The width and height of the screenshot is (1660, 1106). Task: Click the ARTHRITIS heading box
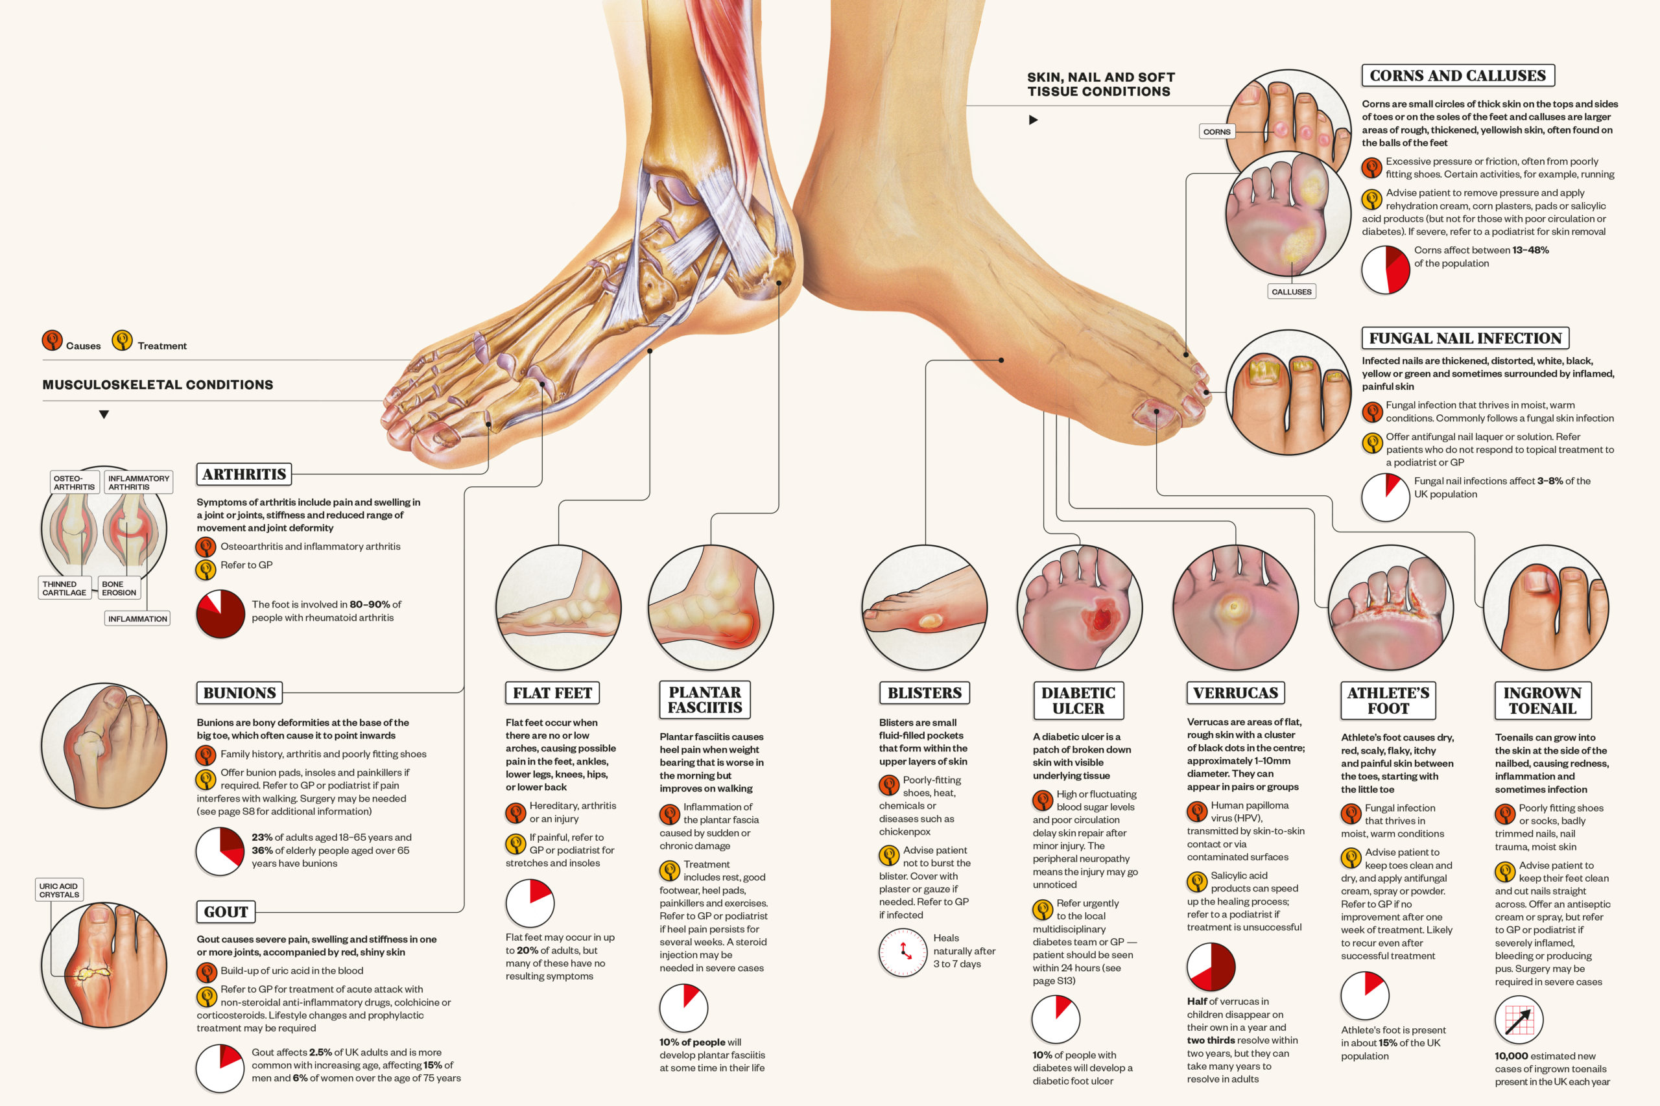(x=244, y=474)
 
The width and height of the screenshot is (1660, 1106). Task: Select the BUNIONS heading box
(x=239, y=692)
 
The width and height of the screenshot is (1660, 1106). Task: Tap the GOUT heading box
(x=226, y=912)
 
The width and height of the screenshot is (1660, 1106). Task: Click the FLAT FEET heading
(x=552, y=692)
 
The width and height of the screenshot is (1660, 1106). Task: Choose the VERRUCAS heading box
(x=1235, y=692)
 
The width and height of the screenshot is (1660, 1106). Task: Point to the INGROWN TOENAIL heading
(x=1542, y=700)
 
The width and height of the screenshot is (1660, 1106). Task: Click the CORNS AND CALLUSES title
(x=1458, y=75)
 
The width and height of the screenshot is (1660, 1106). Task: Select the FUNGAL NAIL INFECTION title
(x=1465, y=338)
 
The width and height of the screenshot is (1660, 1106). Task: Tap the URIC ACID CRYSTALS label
(x=59, y=890)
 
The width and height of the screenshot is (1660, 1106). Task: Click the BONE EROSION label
(x=119, y=588)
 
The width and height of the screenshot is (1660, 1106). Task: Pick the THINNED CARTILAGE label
(x=64, y=588)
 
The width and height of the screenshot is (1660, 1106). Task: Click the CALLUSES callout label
(x=1291, y=291)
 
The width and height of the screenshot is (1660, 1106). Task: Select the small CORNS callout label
(x=1217, y=132)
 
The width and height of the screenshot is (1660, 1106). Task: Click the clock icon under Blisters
(x=903, y=952)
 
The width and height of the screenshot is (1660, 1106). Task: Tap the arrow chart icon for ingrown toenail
(x=1519, y=1020)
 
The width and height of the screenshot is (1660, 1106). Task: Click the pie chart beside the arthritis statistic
(x=220, y=614)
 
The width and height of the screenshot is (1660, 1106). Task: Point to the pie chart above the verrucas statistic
(x=1211, y=967)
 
